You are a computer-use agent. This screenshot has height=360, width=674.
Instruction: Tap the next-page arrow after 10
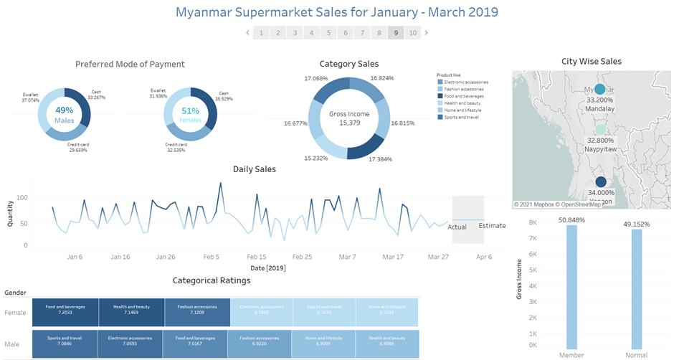(x=427, y=33)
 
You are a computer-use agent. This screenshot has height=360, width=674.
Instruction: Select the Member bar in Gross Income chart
(x=571, y=287)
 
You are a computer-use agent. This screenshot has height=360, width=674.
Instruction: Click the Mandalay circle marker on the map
(x=599, y=90)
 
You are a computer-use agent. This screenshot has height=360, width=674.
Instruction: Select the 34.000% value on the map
(x=600, y=192)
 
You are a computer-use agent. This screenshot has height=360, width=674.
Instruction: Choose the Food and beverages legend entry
(x=463, y=96)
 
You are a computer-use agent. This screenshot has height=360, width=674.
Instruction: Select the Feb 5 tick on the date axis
(x=211, y=256)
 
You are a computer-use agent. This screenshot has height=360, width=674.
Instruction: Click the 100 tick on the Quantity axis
(x=22, y=197)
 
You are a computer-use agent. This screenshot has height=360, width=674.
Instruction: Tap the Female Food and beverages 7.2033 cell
(x=65, y=309)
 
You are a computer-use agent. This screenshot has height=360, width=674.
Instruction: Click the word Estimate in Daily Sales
(x=492, y=226)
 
